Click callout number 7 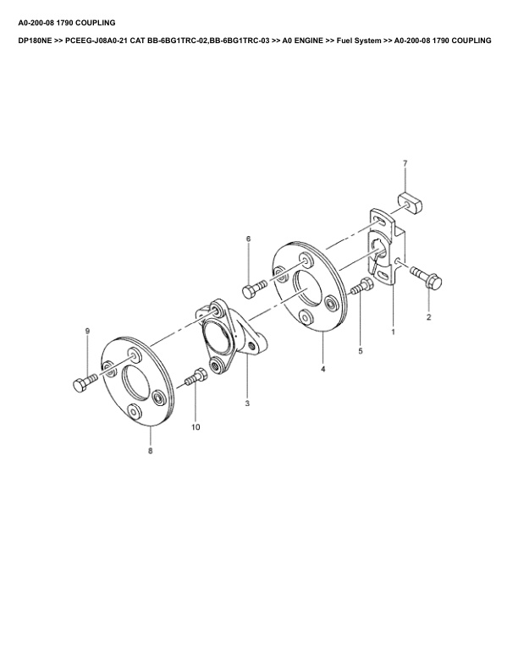click(x=405, y=162)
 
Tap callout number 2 click(x=428, y=317)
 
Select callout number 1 click(x=394, y=331)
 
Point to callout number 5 click(x=361, y=351)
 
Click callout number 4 click(x=322, y=369)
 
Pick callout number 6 click(x=248, y=239)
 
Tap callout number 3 click(x=247, y=404)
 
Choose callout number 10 click(x=196, y=427)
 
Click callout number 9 click(x=87, y=331)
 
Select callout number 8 click(x=150, y=451)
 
